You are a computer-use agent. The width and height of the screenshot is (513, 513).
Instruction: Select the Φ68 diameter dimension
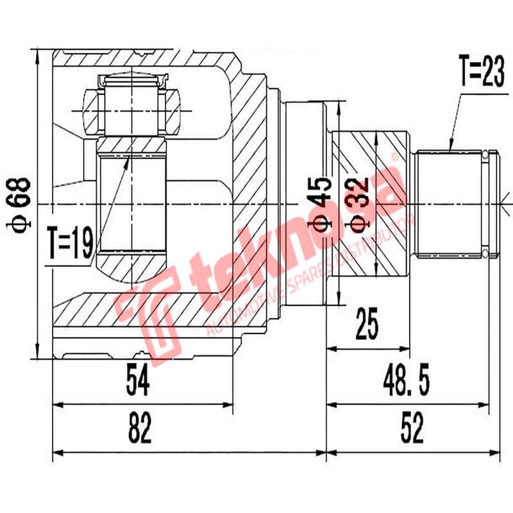[x=21, y=204]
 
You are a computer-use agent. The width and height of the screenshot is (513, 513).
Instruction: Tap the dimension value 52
[x=413, y=429]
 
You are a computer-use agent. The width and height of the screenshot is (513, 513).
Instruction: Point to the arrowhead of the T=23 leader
[x=451, y=149]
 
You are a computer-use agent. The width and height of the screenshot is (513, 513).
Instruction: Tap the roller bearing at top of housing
[x=131, y=109]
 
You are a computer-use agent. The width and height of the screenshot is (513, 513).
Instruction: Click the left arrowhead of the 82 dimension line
[x=55, y=452]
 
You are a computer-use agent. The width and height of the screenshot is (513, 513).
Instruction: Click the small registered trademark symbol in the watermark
[x=394, y=156]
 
